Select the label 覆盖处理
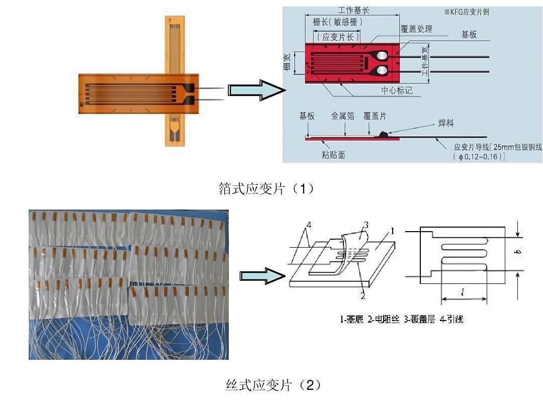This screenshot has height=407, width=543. click(417, 29)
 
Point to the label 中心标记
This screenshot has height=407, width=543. click(397, 90)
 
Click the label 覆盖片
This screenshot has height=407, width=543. click(374, 116)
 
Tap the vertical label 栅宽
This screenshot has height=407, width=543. click(287, 64)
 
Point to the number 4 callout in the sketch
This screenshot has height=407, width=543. click(309, 226)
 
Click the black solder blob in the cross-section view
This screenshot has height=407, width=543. click(383, 134)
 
